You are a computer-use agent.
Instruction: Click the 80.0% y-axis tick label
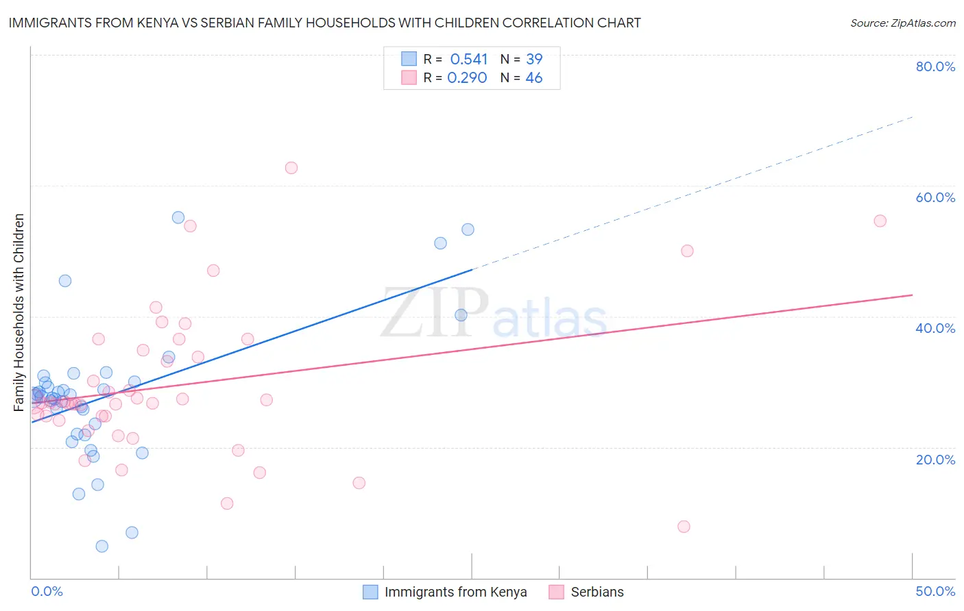click(935, 66)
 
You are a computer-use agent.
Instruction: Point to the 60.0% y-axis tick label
click(935, 197)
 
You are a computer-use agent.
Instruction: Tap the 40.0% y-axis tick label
click(935, 328)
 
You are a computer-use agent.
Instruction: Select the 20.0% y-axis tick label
click(935, 459)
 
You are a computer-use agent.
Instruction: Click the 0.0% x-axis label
click(47, 591)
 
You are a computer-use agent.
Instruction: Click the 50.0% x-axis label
click(935, 591)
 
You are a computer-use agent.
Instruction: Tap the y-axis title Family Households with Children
click(19, 312)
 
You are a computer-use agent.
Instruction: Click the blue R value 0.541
click(469, 60)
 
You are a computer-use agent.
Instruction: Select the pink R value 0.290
click(467, 78)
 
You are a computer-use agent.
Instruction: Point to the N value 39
click(534, 60)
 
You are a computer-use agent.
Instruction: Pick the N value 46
click(534, 78)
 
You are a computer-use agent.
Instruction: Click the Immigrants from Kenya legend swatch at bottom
click(370, 592)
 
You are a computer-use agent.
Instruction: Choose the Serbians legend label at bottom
click(597, 592)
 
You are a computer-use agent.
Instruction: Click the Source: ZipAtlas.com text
click(903, 23)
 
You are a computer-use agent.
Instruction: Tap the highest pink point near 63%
click(291, 168)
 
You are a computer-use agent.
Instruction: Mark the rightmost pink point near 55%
click(880, 221)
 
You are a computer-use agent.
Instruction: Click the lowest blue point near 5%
click(102, 546)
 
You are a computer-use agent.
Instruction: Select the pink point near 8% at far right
click(684, 527)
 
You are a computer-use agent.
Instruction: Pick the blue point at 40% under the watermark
click(461, 315)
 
